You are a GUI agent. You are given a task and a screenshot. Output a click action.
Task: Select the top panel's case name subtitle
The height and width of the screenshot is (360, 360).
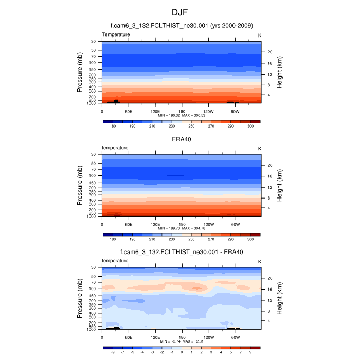(x=181, y=25)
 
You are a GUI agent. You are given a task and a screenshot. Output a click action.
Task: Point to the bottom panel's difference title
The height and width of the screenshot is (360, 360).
(x=181, y=252)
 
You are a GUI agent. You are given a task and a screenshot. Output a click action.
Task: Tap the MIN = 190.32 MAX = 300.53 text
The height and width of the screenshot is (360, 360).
(x=181, y=115)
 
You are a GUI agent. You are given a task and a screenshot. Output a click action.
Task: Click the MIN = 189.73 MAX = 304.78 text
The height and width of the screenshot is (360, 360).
(x=181, y=228)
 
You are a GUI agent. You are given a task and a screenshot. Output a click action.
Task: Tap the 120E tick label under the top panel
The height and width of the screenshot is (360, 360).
(x=155, y=111)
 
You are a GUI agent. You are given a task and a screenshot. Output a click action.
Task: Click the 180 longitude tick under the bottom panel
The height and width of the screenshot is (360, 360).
(x=181, y=337)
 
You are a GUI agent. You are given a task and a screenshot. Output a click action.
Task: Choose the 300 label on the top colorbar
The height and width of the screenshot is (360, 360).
(x=250, y=126)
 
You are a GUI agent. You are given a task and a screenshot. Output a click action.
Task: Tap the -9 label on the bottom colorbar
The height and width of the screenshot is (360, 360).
(x=113, y=352)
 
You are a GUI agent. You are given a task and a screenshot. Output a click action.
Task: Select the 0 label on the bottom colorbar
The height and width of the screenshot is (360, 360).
(x=182, y=352)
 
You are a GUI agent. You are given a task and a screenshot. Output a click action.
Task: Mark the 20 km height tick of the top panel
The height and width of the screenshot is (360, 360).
(x=269, y=52)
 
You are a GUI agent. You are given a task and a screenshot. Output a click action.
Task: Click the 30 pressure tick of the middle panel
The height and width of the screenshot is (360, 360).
(x=94, y=154)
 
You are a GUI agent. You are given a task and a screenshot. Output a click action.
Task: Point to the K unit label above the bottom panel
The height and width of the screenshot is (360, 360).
(x=259, y=261)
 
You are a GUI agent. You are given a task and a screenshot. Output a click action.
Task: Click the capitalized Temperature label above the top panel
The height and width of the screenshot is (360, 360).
(x=116, y=34)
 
